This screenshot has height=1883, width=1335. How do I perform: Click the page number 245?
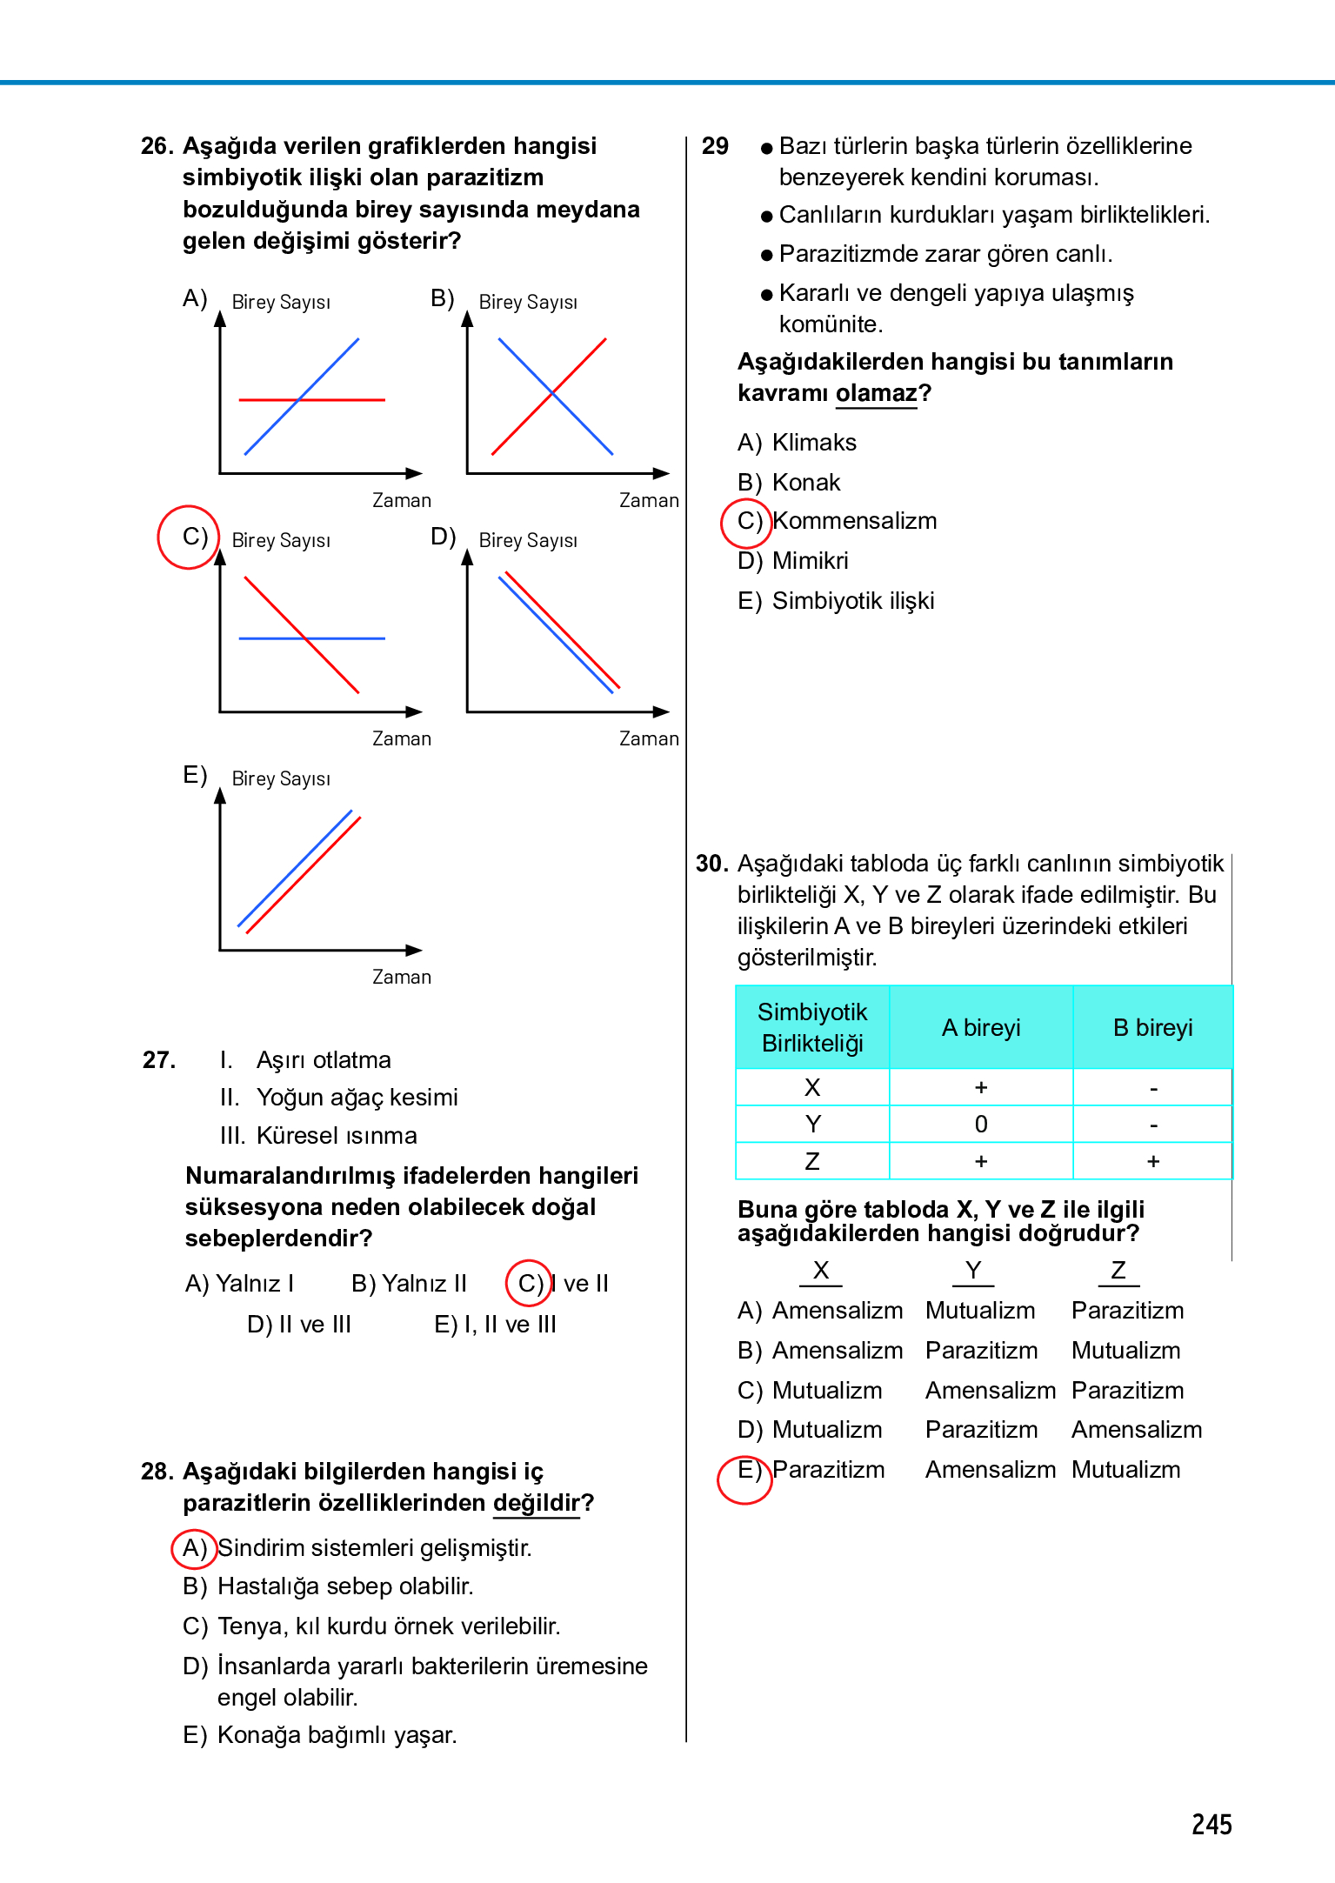1211,1824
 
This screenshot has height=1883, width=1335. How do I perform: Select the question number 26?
157,146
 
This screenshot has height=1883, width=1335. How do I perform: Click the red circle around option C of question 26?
188,537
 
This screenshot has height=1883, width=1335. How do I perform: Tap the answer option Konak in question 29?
805,483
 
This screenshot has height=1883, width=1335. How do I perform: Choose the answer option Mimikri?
810,561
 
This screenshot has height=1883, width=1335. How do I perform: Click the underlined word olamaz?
876,394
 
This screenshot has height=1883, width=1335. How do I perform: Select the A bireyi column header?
980,1028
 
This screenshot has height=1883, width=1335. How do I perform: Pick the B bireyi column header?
1152,1028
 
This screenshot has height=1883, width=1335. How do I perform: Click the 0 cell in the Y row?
980,1125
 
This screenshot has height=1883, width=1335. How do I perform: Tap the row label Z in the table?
812,1162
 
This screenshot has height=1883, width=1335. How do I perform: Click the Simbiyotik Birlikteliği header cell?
812,1028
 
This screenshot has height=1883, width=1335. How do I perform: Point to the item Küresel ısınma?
337,1136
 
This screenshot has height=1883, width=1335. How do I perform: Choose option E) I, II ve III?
495,1325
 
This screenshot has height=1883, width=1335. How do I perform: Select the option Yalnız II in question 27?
409,1284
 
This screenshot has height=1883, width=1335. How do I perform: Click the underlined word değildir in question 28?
536,1504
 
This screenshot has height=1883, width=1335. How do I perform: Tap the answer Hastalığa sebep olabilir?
344,1587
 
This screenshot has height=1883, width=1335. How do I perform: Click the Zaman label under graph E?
401,978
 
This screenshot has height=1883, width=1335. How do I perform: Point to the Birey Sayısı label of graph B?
528,303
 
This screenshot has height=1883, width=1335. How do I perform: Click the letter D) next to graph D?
443,537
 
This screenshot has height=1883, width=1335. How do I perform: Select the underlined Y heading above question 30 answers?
973,1271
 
